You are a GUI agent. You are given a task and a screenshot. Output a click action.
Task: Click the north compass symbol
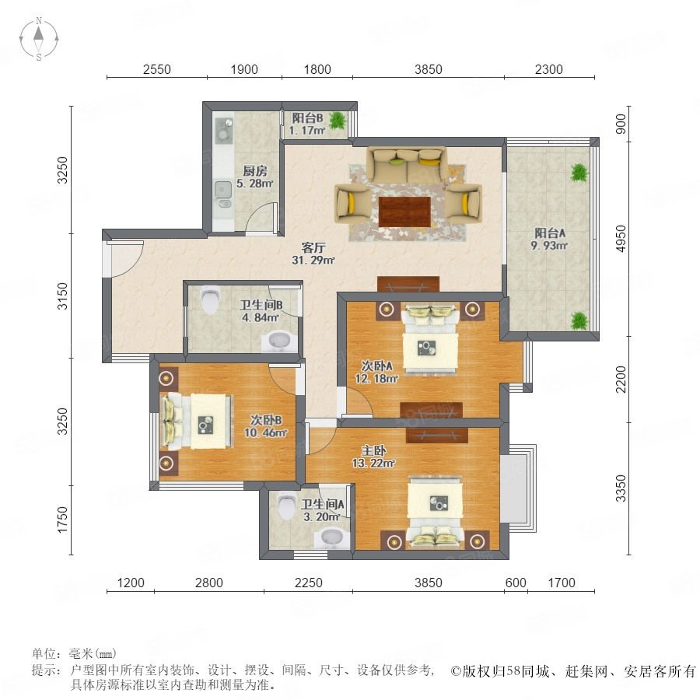pyautogui.click(x=39, y=39)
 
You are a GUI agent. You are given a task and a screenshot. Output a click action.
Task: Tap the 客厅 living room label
pyautogui.click(x=313, y=247)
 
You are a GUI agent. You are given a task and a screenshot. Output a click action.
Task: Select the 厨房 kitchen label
pyautogui.click(x=255, y=170)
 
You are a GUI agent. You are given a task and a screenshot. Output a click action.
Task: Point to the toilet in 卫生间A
pyautogui.click(x=287, y=505)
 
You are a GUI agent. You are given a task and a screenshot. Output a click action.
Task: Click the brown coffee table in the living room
pyautogui.click(x=404, y=212)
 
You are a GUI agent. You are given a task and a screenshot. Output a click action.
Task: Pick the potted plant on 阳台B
pyautogui.click(x=338, y=120)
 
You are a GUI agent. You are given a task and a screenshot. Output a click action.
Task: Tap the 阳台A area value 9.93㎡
pyautogui.click(x=549, y=245)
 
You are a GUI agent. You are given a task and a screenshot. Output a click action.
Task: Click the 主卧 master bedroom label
pyautogui.click(x=373, y=450)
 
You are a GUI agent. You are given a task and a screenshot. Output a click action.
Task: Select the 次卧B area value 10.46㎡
pyautogui.click(x=266, y=432)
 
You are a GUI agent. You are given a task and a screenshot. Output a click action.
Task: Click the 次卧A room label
pyautogui.click(x=376, y=366)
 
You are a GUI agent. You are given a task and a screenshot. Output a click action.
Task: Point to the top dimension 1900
pyautogui.click(x=244, y=70)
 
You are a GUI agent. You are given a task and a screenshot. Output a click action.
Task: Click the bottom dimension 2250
pyautogui.click(x=309, y=583)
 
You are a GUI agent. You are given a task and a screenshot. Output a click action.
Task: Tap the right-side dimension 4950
pyautogui.click(x=621, y=239)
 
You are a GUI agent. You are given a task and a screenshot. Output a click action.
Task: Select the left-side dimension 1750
pyautogui.click(x=62, y=520)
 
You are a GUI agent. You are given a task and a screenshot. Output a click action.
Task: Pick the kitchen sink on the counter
pyautogui.click(x=222, y=191)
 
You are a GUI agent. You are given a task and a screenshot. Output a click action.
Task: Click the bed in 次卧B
pyautogui.click(x=197, y=421)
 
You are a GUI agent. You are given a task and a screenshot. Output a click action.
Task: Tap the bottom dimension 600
pyautogui.click(x=516, y=583)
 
